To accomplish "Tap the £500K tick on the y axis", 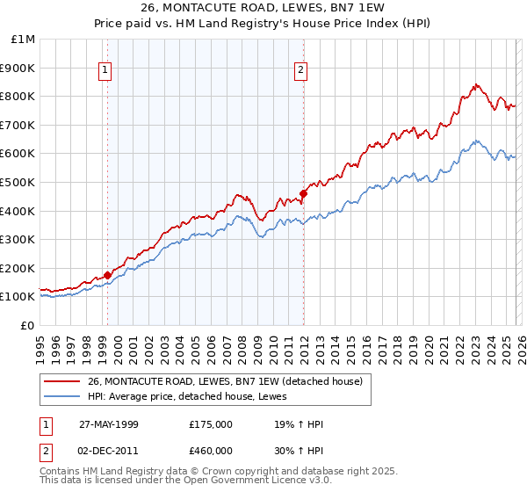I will point(18,182).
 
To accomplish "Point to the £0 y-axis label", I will point(27,325).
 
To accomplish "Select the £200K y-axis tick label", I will point(18,268).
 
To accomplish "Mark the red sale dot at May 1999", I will point(108,275).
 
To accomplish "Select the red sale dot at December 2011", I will point(303,193).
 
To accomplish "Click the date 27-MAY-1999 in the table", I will point(109,424).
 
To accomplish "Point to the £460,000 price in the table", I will point(210,449).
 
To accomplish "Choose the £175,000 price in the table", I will point(210,424).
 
